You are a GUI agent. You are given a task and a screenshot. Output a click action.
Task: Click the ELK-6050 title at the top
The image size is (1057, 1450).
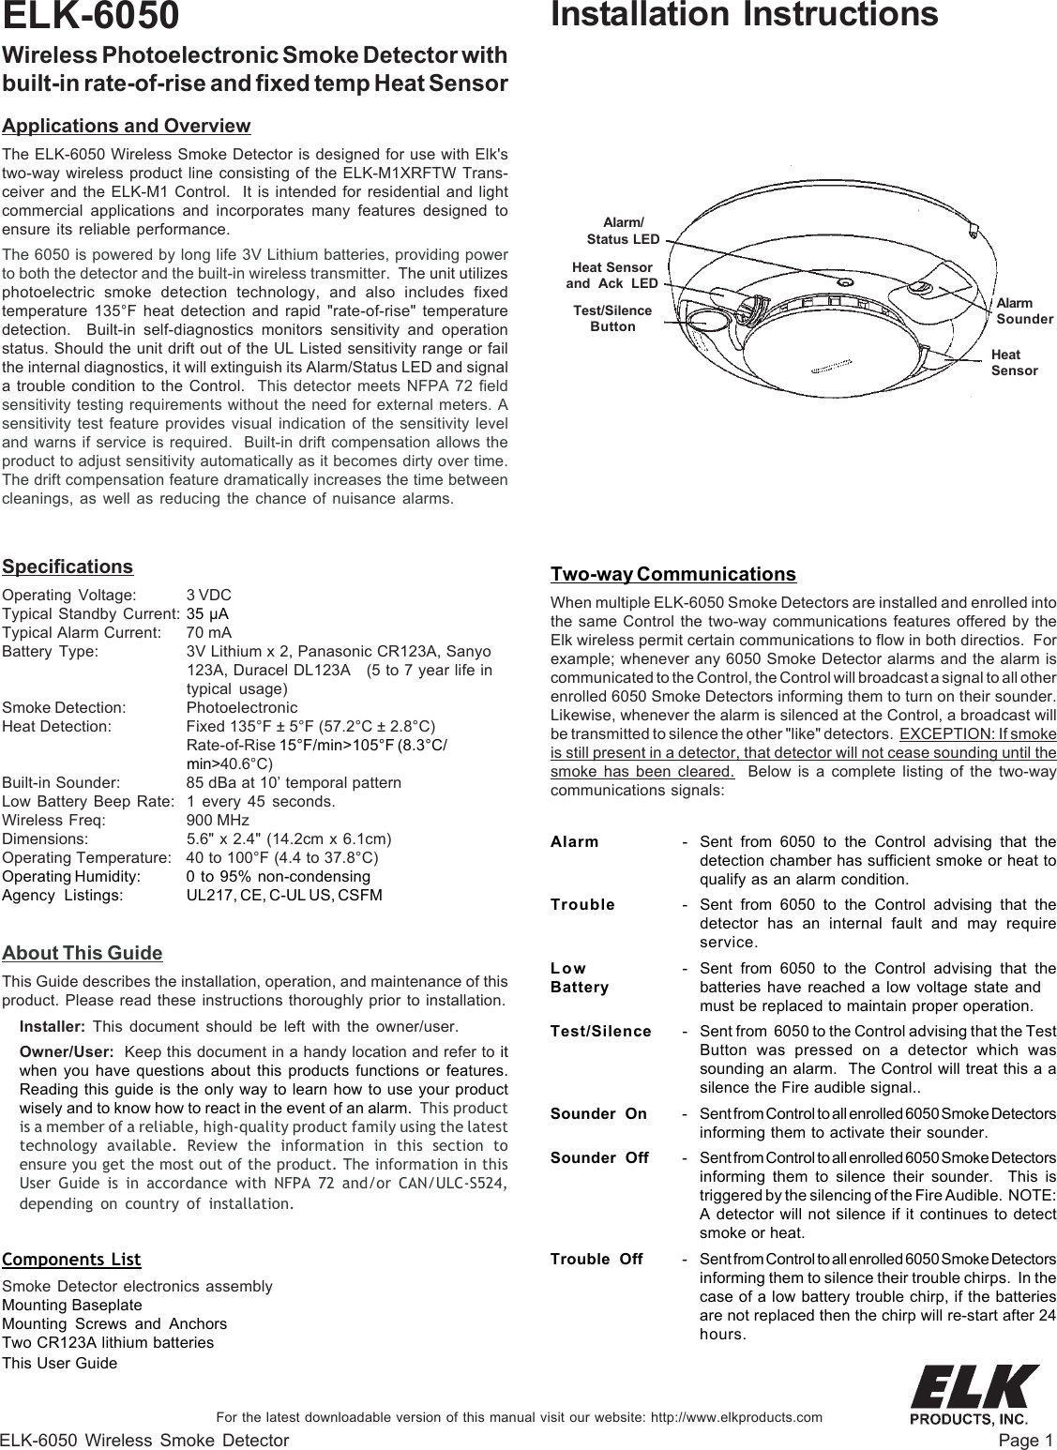point(91,16)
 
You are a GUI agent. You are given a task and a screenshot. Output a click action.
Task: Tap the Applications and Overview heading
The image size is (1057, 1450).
point(127,126)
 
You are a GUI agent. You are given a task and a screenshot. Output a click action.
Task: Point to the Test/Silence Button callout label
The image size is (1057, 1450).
point(612,318)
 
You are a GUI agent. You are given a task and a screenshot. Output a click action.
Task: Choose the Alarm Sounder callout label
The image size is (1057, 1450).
point(1024,311)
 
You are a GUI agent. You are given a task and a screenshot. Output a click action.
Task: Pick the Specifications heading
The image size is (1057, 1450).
point(68,567)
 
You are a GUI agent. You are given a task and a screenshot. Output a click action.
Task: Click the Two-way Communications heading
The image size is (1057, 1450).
point(673,574)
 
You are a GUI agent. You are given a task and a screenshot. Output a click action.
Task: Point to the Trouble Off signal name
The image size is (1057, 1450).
point(596,1259)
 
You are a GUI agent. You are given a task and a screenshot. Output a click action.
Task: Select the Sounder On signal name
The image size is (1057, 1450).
point(598,1114)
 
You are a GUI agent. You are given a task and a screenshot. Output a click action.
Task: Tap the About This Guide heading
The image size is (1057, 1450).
point(83,954)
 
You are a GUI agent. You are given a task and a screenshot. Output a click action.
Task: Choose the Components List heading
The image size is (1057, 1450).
point(72,1259)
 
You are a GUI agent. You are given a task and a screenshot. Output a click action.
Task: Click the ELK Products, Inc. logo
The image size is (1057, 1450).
point(975,1394)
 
